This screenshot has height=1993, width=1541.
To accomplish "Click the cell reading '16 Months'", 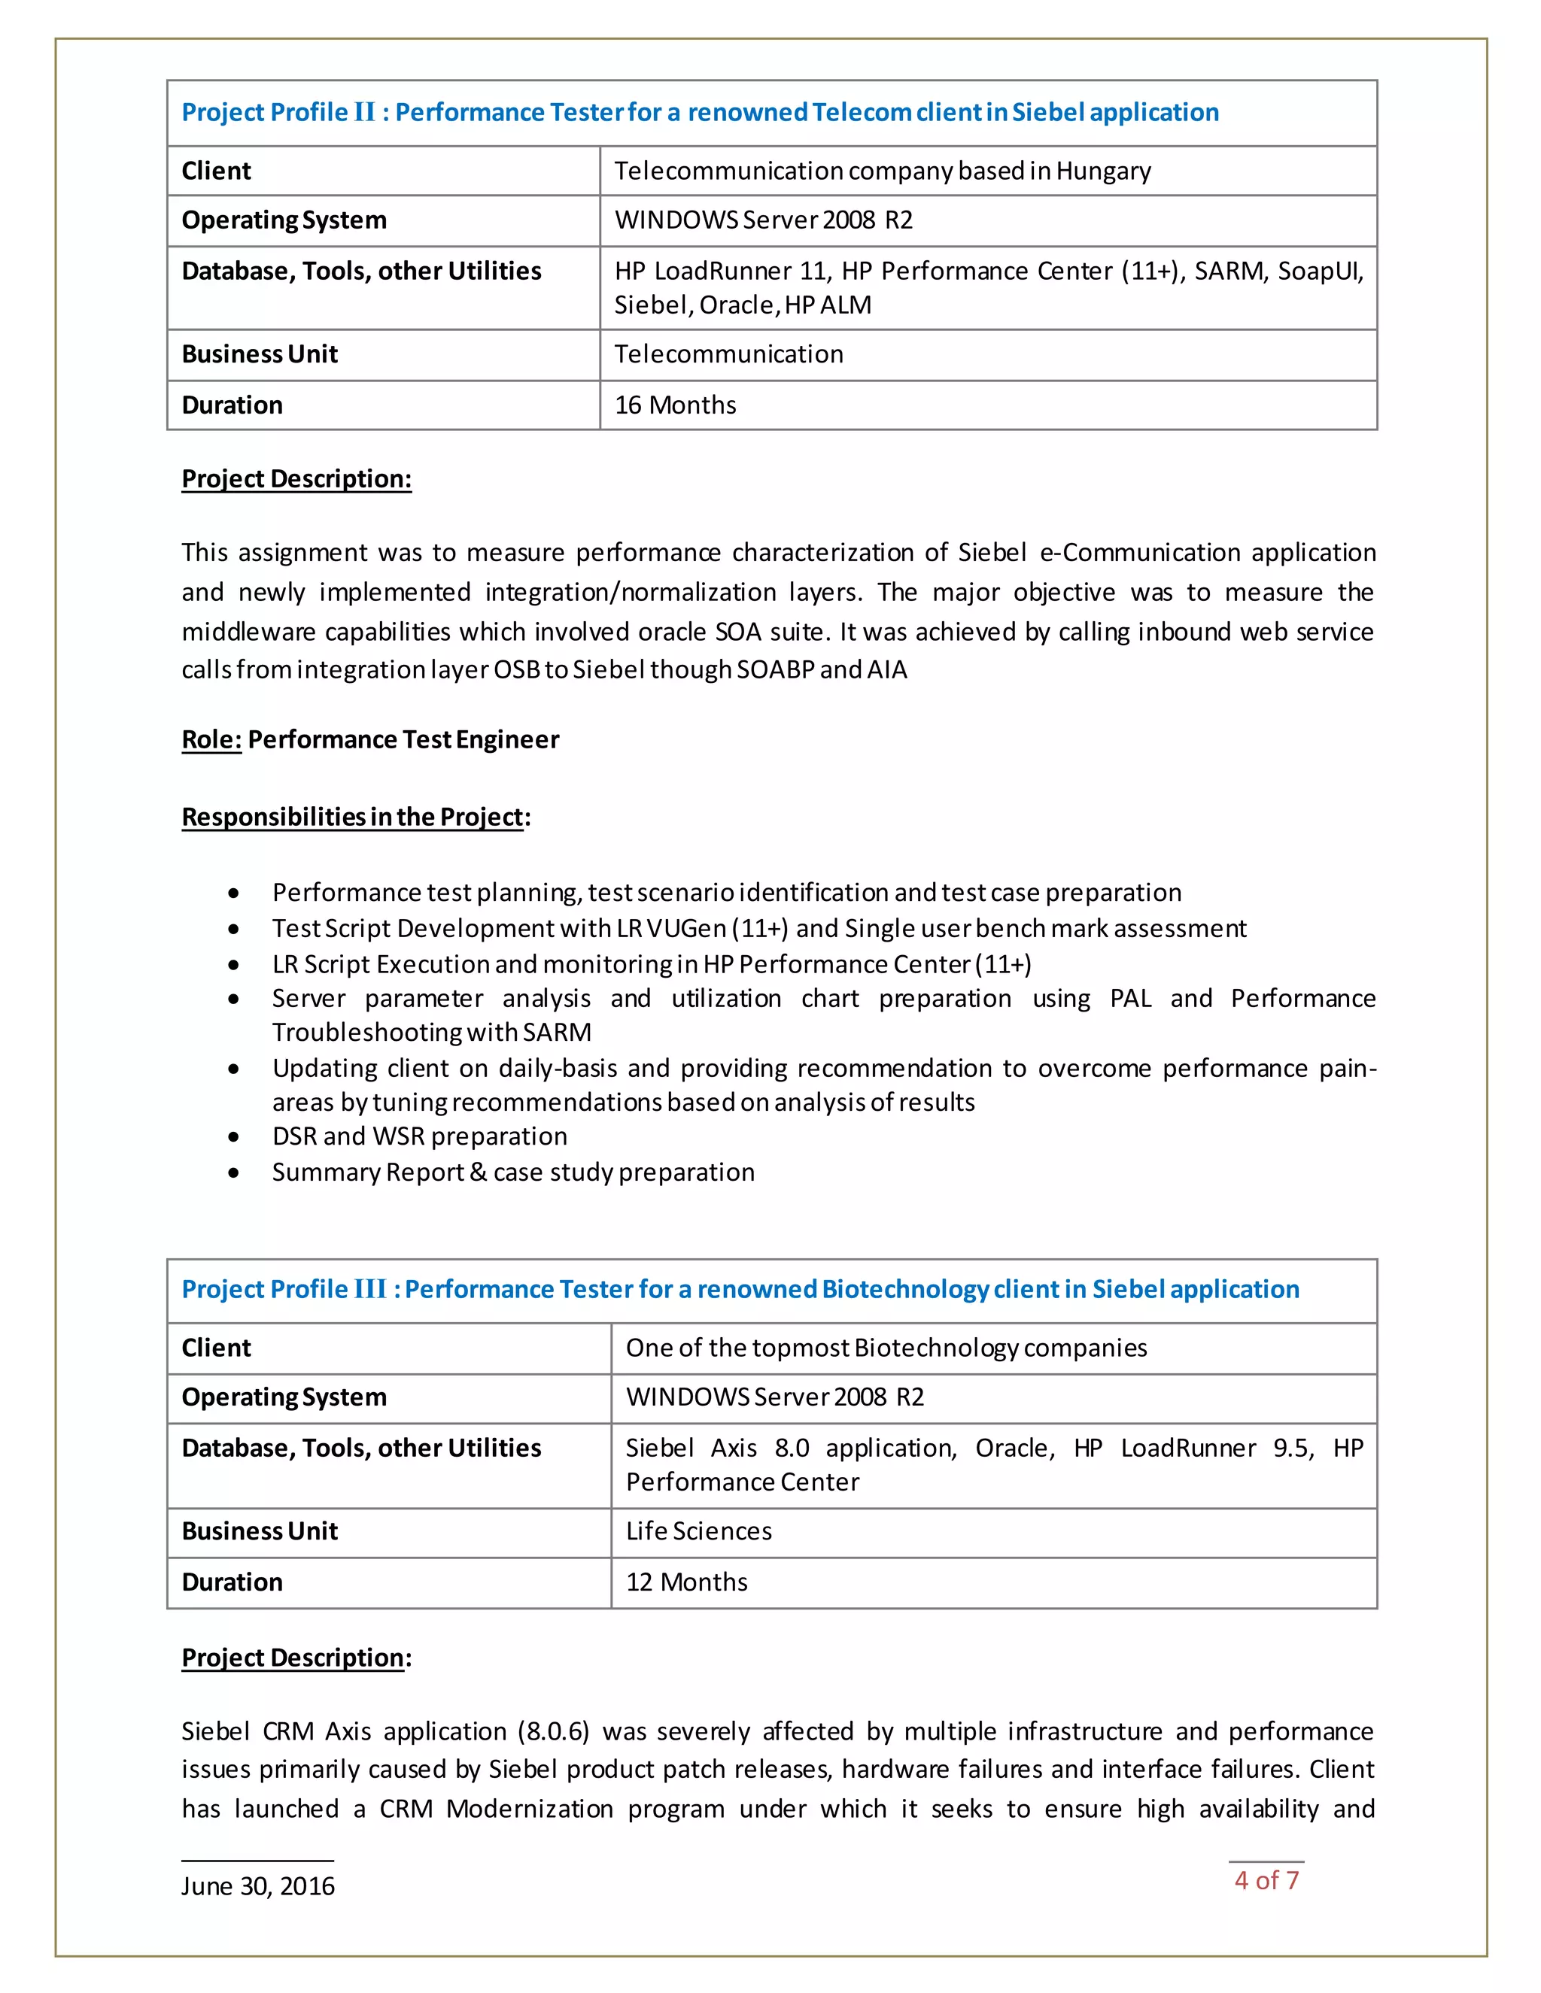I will click(x=675, y=405).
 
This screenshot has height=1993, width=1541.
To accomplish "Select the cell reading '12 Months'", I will click(x=686, y=1582).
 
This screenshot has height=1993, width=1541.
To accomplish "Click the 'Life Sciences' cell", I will click(x=698, y=1530).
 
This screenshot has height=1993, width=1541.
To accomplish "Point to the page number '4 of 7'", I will click(x=1266, y=1880).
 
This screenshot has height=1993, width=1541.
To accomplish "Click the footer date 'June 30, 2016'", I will click(x=257, y=1885).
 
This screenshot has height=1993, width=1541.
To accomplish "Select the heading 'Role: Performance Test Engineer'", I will click(x=369, y=739).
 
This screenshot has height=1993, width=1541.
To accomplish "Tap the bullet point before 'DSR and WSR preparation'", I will click(x=235, y=1137).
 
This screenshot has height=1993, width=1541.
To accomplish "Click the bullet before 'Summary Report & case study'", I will click(x=235, y=1172).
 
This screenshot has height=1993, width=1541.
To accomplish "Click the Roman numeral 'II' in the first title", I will click(x=364, y=112).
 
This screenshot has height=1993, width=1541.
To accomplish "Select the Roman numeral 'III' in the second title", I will click(x=369, y=1288).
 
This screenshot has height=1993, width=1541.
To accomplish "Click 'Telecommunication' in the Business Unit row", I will click(x=728, y=354).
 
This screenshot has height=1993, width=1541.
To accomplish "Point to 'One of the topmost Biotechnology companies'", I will click(x=886, y=1348).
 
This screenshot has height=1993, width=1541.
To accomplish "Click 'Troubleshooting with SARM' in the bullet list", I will click(x=431, y=1032).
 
